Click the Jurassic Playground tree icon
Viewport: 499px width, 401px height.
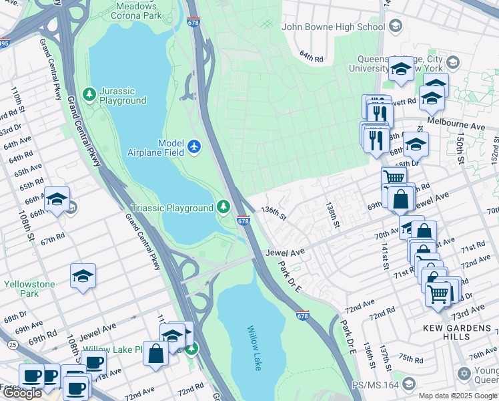tap(89, 92)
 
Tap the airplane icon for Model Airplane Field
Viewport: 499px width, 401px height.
tap(194, 146)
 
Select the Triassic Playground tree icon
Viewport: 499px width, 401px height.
tap(223, 208)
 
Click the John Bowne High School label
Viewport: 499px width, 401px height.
tap(334, 27)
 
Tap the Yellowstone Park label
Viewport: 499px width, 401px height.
tap(29, 289)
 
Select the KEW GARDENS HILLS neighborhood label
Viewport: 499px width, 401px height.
tap(460, 328)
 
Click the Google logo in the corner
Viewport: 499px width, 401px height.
tap(22, 393)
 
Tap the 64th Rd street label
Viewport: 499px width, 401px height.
tap(311, 55)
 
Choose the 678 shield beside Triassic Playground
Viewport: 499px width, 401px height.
tap(243, 221)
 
